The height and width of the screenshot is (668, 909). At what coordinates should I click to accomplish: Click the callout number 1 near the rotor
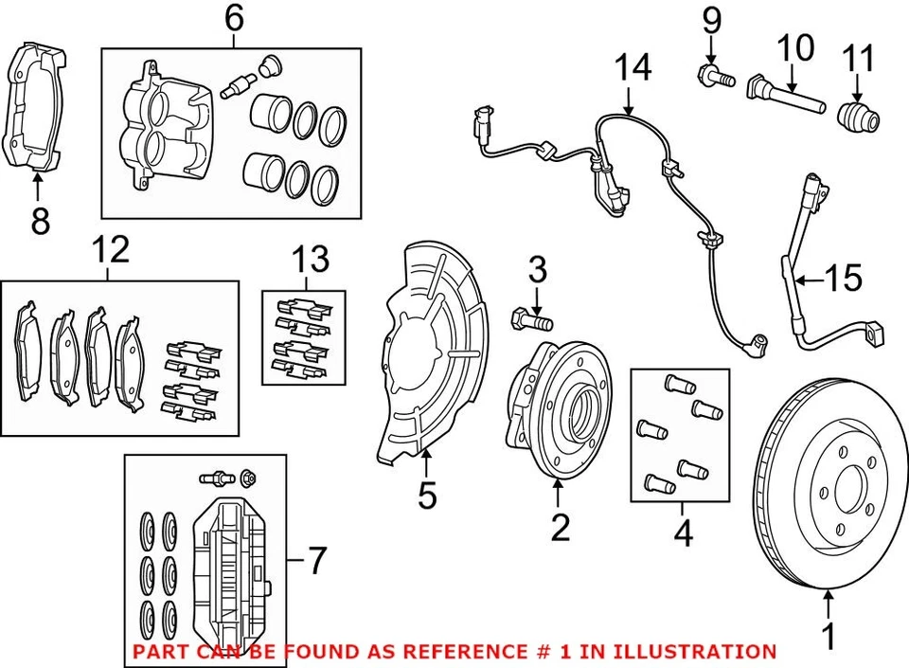[x=829, y=637]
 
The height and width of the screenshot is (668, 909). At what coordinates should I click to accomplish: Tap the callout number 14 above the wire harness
[x=633, y=68]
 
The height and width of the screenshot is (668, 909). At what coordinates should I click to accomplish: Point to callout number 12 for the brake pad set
[x=111, y=251]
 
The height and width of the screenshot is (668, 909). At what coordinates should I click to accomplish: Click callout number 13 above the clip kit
[x=311, y=259]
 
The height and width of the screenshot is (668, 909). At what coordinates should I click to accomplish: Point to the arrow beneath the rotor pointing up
[x=829, y=601]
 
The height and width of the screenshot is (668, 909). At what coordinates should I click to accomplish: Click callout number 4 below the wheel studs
[x=683, y=534]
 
